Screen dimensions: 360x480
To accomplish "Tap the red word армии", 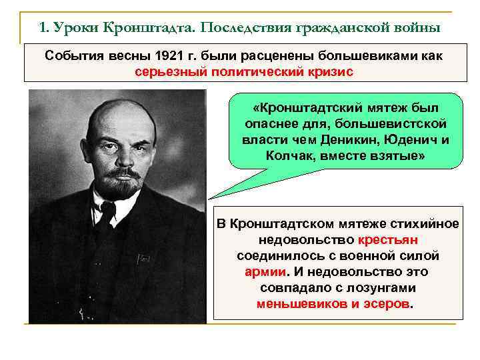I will (x=266, y=271).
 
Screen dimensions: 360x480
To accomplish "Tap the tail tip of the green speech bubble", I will (x=210, y=197).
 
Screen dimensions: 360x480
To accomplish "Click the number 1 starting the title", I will (x=43, y=29).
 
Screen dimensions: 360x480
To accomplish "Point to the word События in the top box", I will (x=71, y=55).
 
